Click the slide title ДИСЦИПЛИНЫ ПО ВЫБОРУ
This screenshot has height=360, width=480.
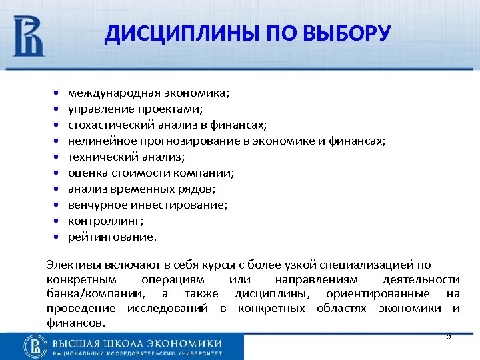click(x=247, y=33)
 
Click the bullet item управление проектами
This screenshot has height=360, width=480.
click(x=133, y=109)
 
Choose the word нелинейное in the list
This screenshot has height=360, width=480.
click(x=93, y=141)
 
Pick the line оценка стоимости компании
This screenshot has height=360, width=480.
click(x=151, y=173)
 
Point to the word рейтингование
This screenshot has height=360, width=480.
click(x=103, y=237)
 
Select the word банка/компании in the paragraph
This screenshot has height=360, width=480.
click(x=95, y=293)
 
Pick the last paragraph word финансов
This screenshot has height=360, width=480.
click(x=75, y=323)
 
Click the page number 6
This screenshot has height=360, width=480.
click(x=448, y=337)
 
